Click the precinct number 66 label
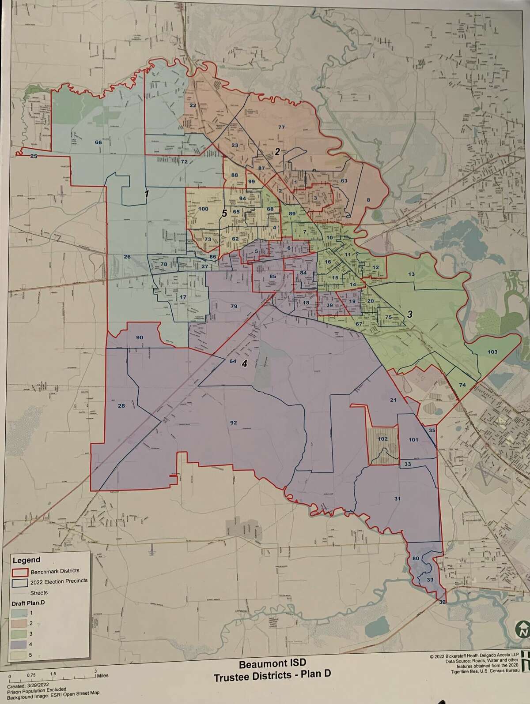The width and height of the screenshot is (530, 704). [x=98, y=142]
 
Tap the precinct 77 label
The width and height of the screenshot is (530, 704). [x=281, y=127]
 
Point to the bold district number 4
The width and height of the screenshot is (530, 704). [x=244, y=364]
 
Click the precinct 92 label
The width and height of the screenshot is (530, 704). [x=234, y=423]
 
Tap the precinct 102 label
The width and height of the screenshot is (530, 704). [x=382, y=439]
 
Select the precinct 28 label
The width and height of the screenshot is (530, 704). [x=121, y=406]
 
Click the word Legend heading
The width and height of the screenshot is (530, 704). [x=26, y=560]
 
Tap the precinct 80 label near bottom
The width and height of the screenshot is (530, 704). [x=416, y=558]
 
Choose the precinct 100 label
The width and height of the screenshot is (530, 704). [x=203, y=209]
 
